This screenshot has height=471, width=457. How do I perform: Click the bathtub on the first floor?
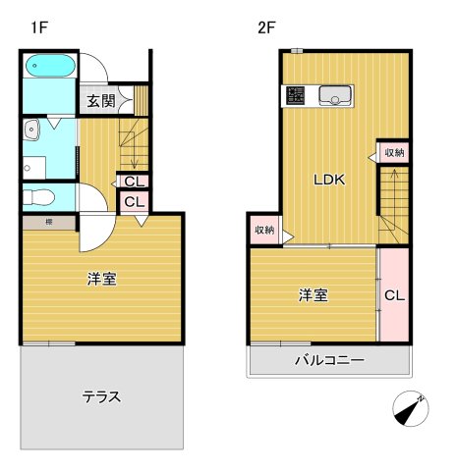48,69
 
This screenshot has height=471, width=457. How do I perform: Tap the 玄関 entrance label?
101,100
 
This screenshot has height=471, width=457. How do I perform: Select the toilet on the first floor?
37,196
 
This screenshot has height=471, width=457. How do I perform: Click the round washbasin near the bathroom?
32,128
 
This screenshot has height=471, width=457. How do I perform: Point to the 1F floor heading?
38,27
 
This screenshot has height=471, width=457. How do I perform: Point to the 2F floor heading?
267,27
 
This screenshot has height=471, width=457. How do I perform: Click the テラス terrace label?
101,397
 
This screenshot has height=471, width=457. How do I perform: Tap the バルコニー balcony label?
330,360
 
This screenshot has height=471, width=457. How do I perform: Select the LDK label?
328,181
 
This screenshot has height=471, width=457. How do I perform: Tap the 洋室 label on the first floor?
101,279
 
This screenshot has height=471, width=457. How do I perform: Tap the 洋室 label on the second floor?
313,294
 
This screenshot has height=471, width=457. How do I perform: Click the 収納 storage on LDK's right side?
394,152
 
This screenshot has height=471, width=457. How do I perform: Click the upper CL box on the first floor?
134,182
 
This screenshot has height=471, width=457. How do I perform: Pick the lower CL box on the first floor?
134,202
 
